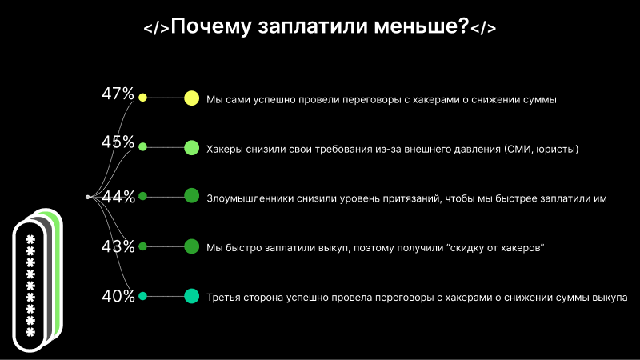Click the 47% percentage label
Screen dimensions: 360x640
[118, 94]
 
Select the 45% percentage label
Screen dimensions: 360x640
[118, 142]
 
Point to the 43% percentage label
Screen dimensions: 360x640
[118, 246]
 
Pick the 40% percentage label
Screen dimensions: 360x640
[118, 297]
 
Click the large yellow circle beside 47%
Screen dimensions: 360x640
[191, 98]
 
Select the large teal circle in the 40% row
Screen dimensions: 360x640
[191, 296]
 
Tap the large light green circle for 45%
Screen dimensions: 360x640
[191, 147]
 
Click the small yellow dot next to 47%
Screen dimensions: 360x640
[143, 98]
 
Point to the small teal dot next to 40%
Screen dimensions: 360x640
[143, 296]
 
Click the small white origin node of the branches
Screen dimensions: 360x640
[88, 196]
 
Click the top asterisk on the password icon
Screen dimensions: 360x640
[30, 240]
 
